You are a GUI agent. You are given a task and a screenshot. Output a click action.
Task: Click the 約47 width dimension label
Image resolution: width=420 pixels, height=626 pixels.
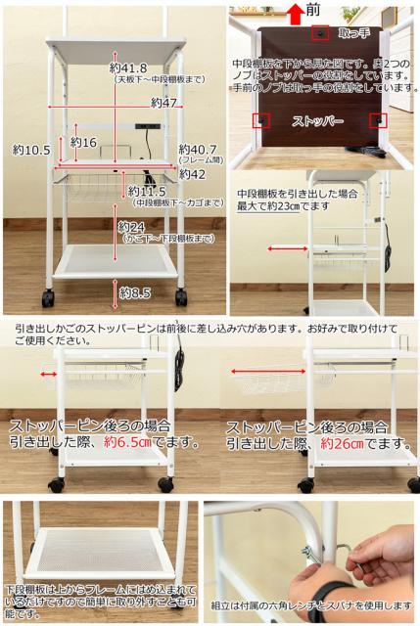tap(163, 102)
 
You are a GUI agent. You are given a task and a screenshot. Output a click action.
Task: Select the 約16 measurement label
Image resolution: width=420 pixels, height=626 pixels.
tap(83, 143)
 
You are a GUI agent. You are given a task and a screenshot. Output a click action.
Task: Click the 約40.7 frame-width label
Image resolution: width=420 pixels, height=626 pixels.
tap(197, 149)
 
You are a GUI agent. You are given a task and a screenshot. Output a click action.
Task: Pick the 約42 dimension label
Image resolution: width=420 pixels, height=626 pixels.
tap(191, 173)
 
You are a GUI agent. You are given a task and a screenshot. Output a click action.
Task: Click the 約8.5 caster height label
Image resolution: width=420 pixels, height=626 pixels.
tap(135, 291)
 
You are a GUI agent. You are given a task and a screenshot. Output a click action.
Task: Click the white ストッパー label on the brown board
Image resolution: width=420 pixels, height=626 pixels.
tap(318, 122)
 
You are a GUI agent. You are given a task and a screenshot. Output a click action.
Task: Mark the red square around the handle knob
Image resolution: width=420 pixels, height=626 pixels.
tap(319, 33)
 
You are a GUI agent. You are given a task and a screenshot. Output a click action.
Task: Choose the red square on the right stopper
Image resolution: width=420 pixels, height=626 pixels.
tap(378, 120)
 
